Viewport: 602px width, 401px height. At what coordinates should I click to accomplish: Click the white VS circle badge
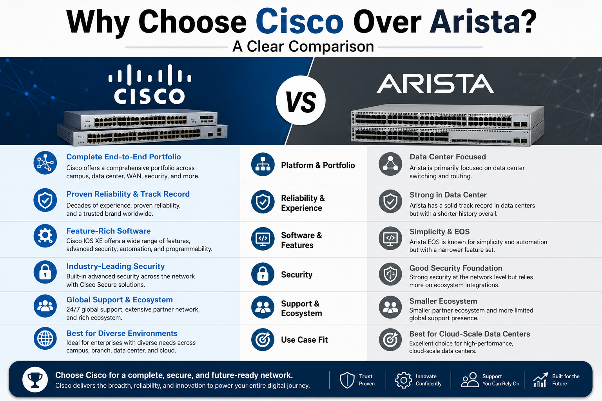click(301, 101)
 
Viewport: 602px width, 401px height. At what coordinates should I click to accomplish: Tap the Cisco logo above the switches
click(150, 84)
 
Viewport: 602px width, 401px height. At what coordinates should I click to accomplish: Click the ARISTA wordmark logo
click(435, 84)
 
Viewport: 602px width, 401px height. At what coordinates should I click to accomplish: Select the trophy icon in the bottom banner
click(35, 379)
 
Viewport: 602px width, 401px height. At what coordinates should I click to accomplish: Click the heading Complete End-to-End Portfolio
click(123, 157)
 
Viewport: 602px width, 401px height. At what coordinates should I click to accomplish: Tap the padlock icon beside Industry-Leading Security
click(45, 272)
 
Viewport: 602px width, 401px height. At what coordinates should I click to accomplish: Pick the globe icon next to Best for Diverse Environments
click(45, 338)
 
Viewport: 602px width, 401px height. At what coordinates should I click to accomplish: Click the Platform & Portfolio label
click(318, 165)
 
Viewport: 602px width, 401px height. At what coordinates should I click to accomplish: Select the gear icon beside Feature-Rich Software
click(45, 236)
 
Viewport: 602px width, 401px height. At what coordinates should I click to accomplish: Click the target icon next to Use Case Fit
click(263, 340)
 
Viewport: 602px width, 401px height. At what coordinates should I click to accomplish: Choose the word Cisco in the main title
click(299, 22)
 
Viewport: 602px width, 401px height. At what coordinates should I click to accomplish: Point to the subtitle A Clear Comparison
click(303, 47)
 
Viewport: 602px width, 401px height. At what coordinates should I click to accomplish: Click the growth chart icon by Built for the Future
click(540, 380)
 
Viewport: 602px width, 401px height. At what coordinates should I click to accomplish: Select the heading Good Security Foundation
click(456, 268)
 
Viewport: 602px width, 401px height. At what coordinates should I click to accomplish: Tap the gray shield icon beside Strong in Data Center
click(390, 201)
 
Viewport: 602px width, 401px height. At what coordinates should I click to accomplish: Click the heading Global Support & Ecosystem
click(119, 300)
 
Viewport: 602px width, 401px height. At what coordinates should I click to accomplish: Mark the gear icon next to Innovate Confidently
click(403, 380)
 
